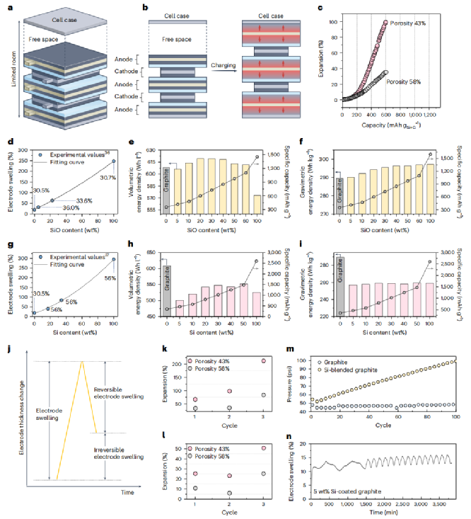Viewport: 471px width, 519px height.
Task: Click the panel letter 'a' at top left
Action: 7,6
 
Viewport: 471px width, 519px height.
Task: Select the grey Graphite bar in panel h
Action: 166,290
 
